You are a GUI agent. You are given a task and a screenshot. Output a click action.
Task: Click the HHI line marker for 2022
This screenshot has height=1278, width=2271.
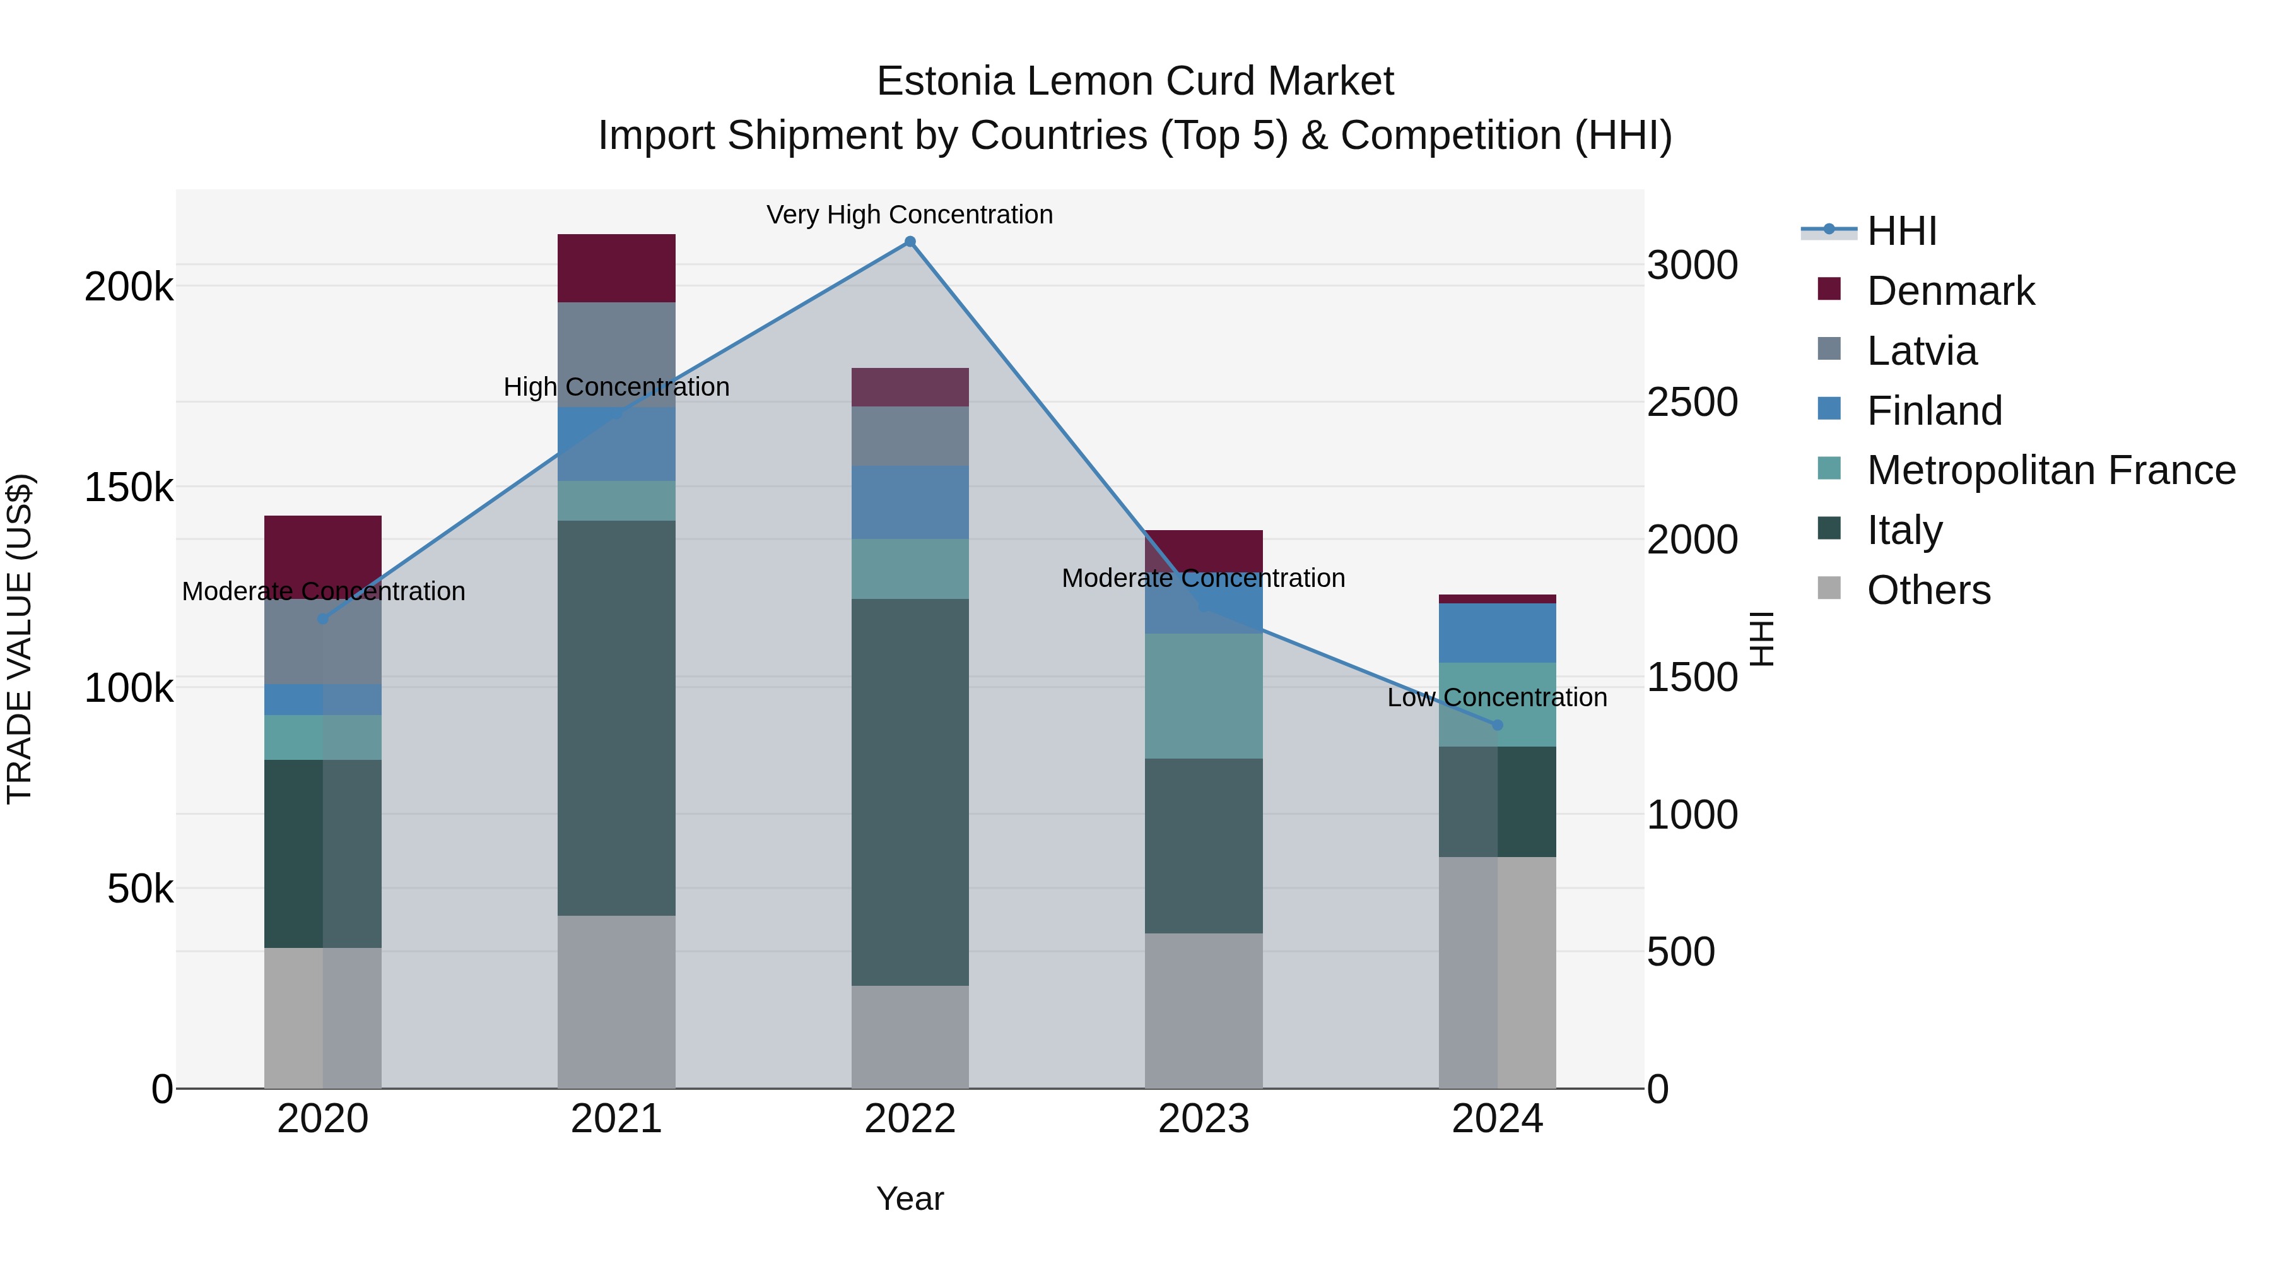coord(910,242)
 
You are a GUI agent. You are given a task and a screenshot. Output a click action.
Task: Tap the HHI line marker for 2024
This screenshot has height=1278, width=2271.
coord(1497,725)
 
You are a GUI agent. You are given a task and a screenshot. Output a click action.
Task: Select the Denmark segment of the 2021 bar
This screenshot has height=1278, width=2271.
coord(616,268)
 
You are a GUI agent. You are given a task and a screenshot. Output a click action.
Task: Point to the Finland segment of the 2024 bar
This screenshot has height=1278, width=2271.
coord(1497,632)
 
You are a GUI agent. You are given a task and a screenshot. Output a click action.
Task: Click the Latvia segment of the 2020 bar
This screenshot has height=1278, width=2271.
coord(322,641)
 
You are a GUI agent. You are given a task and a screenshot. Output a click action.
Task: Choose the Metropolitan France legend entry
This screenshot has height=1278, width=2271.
coord(2050,470)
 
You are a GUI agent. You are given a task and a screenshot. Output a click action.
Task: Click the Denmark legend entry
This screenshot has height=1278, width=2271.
coord(1950,291)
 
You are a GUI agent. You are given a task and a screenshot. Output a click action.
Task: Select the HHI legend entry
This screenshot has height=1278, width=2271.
coord(1901,231)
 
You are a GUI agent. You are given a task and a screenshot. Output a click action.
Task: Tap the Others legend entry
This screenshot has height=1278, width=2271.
coord(1928,590)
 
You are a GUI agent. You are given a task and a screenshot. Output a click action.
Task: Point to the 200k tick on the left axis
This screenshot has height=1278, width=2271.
coord(129,287)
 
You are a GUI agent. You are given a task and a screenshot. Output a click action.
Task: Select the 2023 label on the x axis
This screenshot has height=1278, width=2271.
coord(1204,1119)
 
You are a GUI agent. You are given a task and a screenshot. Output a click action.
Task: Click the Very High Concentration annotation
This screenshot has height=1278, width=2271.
coord(910,215)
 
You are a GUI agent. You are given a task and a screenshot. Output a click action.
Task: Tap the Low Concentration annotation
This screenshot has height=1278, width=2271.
coord(1497,697)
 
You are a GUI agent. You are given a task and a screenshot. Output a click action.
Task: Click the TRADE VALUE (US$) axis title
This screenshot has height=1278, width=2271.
coord(20,639)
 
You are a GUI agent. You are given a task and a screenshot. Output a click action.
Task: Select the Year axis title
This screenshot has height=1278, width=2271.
coord(910,1198)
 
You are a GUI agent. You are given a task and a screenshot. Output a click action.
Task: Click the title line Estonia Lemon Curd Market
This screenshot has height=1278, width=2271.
coord(1135,81)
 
